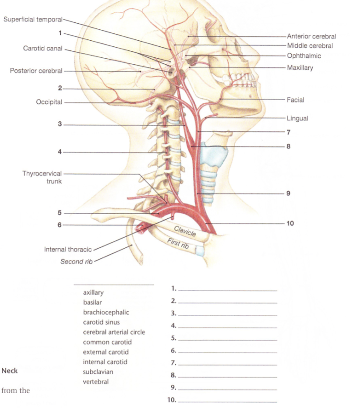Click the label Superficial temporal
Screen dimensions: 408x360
point(33,20)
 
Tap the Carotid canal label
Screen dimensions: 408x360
point(43,48)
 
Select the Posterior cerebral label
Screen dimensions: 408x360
point(36,71)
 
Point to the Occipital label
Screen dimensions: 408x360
point(49,102)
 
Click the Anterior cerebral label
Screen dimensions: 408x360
point(311,36)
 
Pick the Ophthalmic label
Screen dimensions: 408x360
point(304,56)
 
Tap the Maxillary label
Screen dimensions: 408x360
point(300,68)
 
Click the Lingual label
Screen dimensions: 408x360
point(297,118)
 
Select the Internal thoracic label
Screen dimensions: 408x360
point(68,250)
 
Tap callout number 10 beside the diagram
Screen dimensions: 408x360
point(290,223)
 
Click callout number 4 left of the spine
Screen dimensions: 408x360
point(60,152)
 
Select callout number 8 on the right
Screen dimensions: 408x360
point(289,146)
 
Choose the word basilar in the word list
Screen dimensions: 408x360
point(92,302)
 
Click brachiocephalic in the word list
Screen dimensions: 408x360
point(106,312)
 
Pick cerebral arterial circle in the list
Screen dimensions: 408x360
point(114,332)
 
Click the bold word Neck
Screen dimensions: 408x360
point(10,371)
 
